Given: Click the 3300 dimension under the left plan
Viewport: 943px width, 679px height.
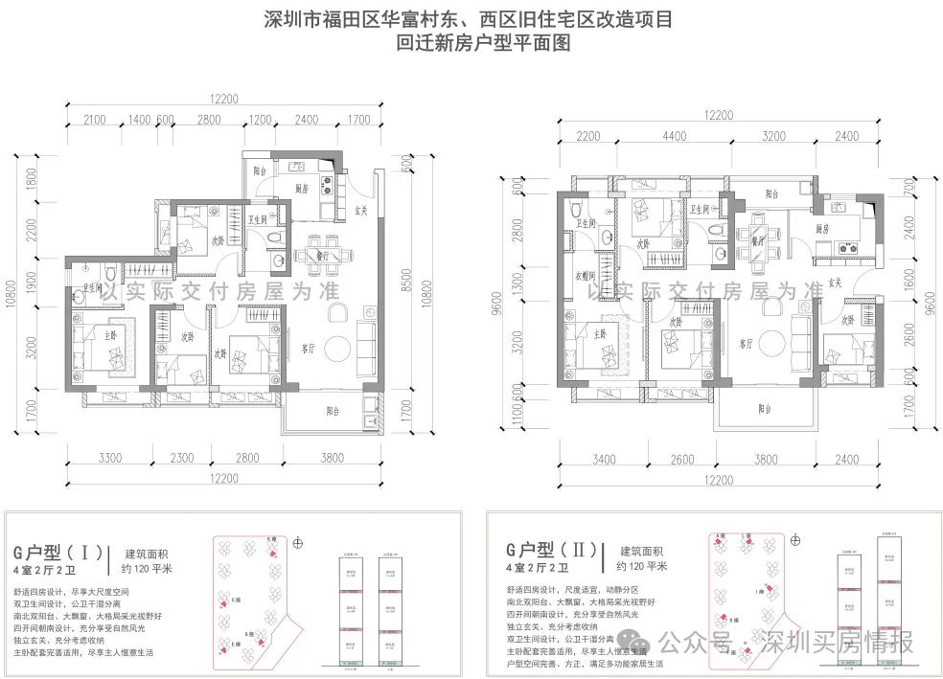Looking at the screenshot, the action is pos(109,458).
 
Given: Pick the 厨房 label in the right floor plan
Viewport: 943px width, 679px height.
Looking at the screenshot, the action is pos(821,230).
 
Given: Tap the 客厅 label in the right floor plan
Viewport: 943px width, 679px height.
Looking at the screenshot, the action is pos(746,344).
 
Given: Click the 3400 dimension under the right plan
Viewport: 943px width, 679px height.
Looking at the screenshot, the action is pos(604,459).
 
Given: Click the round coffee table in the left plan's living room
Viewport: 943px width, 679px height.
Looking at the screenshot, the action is pos(338,347).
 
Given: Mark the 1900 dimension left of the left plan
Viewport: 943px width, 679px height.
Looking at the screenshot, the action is pos(32,280).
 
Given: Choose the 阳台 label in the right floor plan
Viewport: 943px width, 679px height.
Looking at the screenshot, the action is pos(764,409).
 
